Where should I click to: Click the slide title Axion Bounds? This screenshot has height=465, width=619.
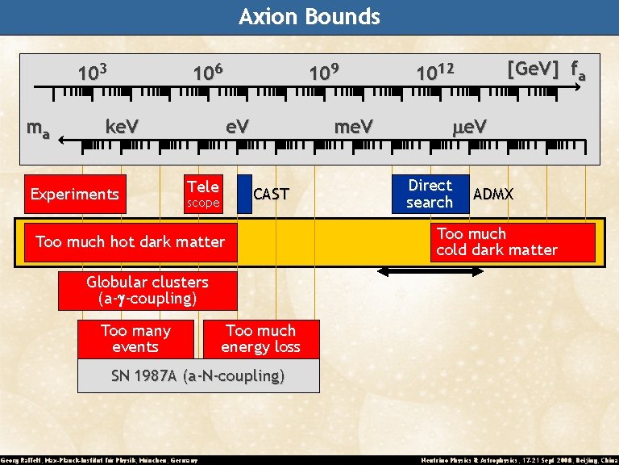click(x=309, y=17)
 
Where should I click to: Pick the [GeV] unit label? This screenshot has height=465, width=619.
click(x=533, y=69)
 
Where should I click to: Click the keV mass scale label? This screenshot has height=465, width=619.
click(x=123, y=127)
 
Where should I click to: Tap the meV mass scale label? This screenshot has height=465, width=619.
click(x=354, y=127)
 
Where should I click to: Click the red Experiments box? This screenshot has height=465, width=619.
click(x=75, y=194)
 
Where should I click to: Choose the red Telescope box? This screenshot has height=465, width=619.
click(x=202, y=194)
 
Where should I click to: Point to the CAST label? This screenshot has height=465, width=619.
click(x=271, y=195)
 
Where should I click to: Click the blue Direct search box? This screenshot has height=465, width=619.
click(x=430, y=194)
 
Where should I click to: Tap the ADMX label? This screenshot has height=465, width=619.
click(x=493, y=195)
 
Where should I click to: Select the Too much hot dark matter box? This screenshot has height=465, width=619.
click(x=131, y=241)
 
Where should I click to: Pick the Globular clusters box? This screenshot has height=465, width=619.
click(x=147, y=291)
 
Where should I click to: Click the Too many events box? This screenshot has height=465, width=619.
click(x=135, y=339)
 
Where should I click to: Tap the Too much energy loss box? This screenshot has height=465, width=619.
click(x=261, y=339)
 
